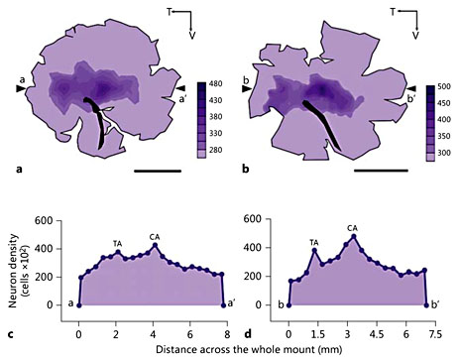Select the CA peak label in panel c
click(x=154, y=236)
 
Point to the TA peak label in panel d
click(x=314, y=242)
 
